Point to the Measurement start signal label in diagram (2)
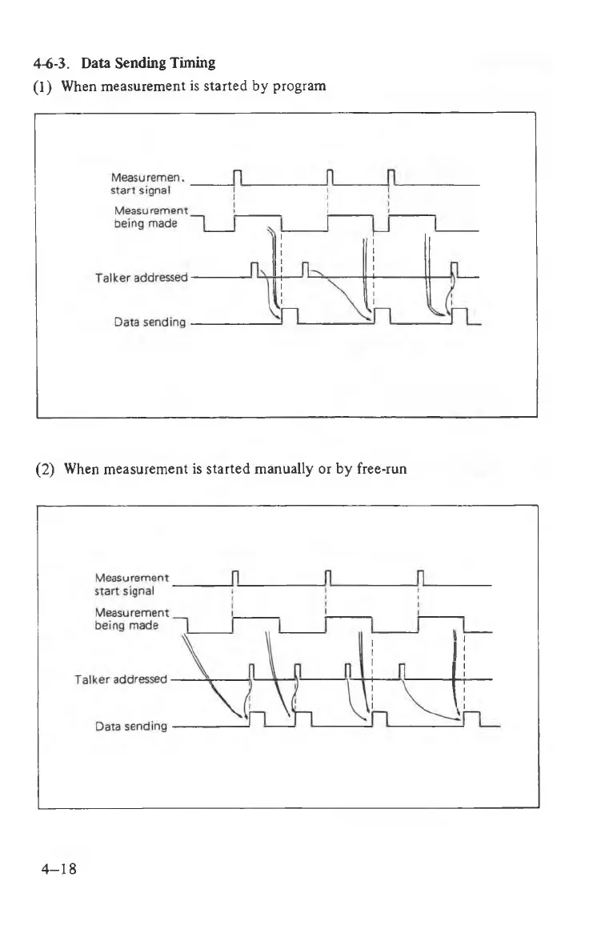coord(132,585)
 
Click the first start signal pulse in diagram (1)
coord(236,178)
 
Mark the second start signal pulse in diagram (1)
coord(331,178)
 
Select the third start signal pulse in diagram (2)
coord(421,578)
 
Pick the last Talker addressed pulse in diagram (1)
coord(455,270)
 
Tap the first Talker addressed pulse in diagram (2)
coord(253,671)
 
